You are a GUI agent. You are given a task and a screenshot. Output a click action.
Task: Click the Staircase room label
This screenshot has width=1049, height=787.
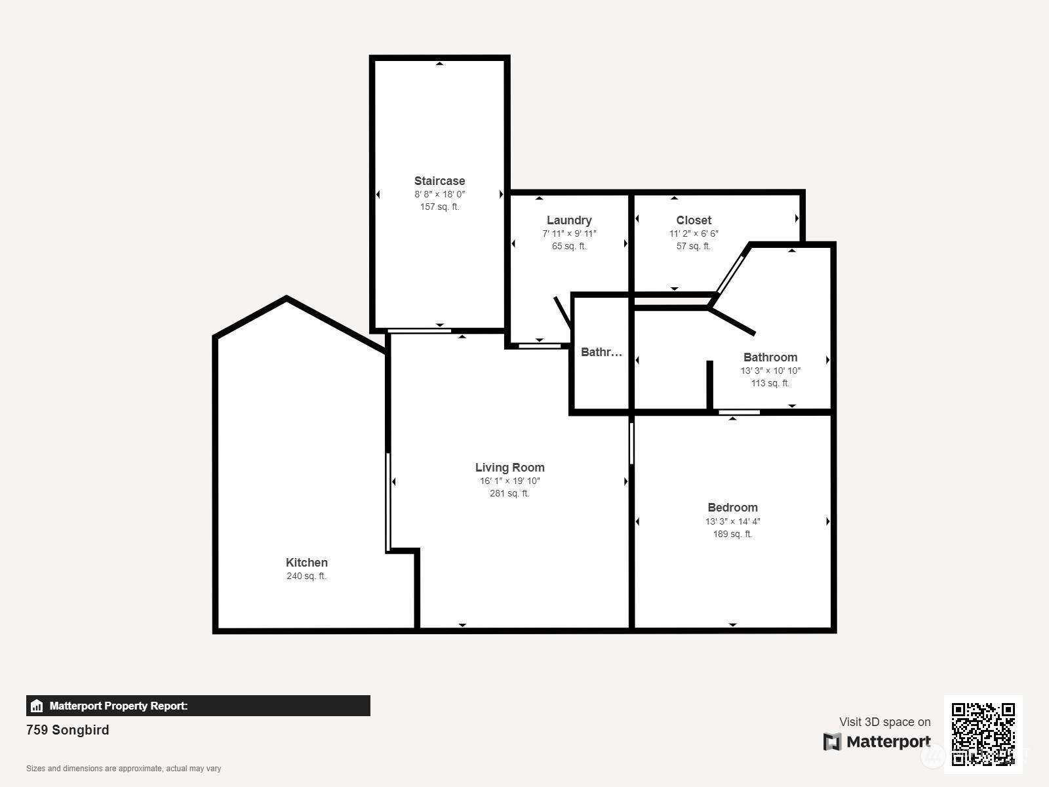(x=439, y=181)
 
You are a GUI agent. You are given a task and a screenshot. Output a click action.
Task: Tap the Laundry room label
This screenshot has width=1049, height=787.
(x=569, y=220)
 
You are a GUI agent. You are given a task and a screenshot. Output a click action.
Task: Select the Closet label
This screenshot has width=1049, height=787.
(x=694, y=220)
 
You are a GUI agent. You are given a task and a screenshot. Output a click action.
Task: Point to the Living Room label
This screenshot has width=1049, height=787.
(x=510, y=468)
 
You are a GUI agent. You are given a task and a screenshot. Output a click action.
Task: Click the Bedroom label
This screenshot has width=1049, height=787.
(x=732, y=508)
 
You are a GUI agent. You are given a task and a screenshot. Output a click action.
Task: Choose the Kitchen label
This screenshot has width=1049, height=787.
(x=307, y=563)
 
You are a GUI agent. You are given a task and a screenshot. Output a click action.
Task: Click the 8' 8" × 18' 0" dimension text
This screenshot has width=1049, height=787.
(x=440, y=195)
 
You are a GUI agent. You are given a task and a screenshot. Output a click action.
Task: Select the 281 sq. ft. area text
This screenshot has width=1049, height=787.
(x=509, y=494)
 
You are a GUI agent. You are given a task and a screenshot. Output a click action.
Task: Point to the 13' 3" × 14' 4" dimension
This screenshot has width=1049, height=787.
(x=732, y=521)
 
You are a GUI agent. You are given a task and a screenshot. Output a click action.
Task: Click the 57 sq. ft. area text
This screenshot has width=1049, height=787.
(x=694, y=246)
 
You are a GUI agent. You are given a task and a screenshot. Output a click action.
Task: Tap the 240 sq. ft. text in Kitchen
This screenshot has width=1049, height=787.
(x=306, y=576)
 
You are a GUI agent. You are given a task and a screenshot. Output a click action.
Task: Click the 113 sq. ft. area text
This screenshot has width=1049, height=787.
(x=770, y=383)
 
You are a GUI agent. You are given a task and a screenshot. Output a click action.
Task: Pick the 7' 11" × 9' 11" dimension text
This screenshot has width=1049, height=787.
(x=569, y=233)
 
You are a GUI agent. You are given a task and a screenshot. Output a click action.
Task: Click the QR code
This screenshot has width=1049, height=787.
(x=983, y=735)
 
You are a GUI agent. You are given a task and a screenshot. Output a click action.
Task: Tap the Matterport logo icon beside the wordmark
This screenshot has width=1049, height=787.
(x=832, y=742)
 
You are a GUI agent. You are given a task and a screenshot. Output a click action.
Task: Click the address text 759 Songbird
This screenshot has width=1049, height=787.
(x=68, y=730)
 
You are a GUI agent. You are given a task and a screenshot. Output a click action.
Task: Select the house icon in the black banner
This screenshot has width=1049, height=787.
(x=37, y=706)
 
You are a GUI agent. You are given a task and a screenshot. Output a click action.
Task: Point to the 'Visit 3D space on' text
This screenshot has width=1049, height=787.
(x=885, y=722)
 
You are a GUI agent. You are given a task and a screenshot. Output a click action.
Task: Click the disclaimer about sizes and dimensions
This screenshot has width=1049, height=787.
(x=124, y=769)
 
